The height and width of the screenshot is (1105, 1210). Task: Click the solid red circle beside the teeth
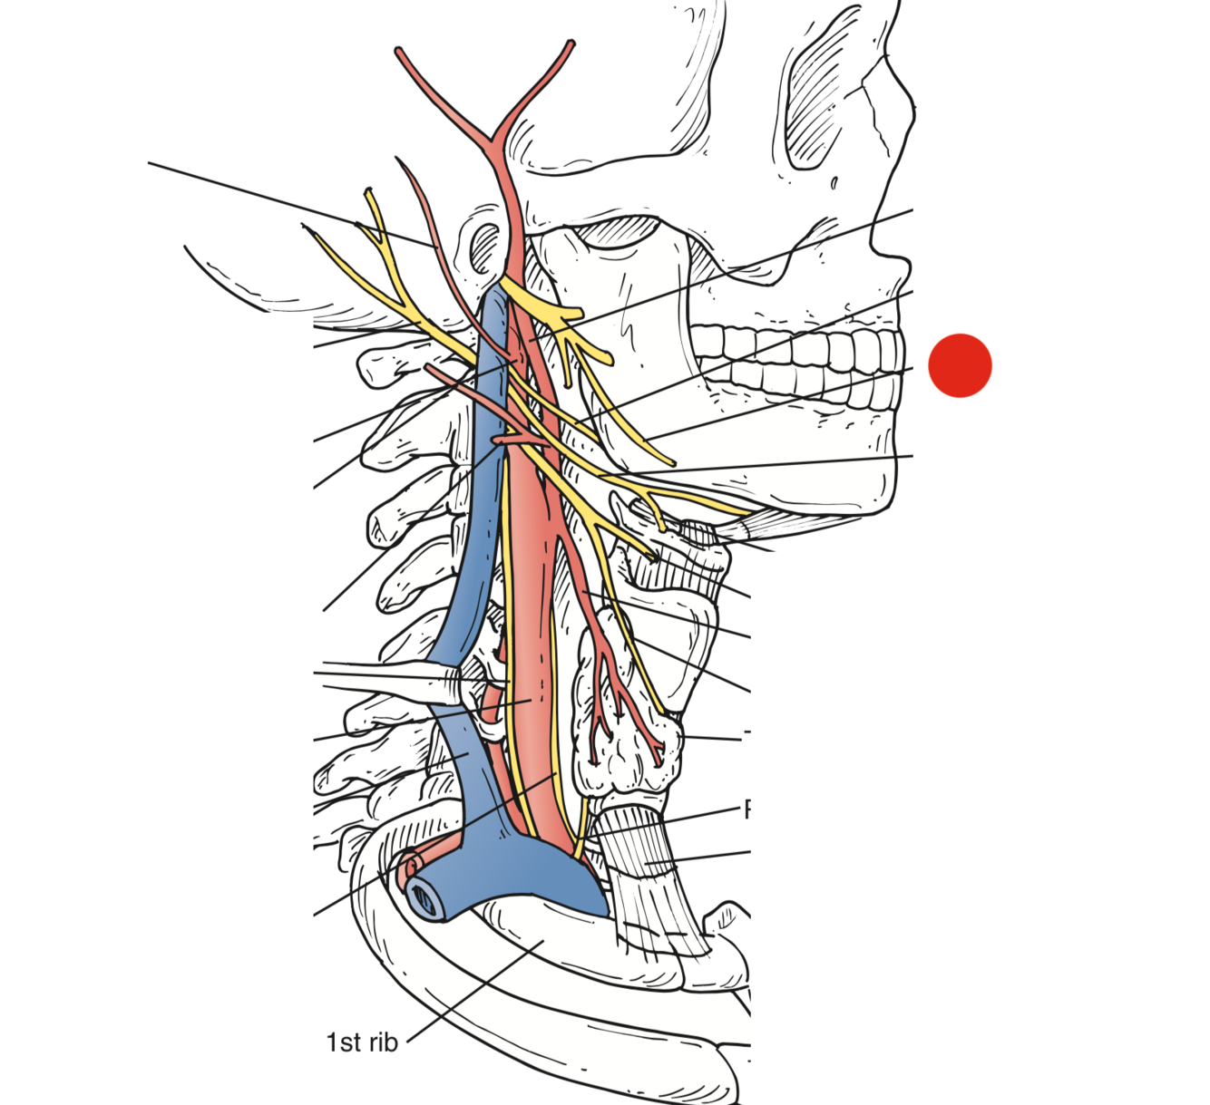pyautogui.click(x=960, y=365)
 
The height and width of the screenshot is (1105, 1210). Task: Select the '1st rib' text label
pyautogui.click(x=362, y=1042)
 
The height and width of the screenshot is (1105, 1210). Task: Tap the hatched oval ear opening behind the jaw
pyautogui.click(x=485, y=245)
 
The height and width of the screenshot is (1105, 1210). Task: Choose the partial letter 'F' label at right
pyautogui.click(x=747, y=809)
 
